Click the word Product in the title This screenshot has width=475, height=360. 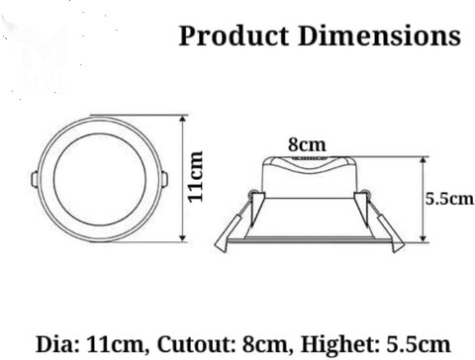(x=233, y=37)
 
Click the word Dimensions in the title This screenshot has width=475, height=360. (x=379, y=37)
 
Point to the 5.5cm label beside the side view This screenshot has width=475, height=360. (x=449, y=198)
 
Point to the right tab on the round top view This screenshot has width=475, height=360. (x=164, y=180)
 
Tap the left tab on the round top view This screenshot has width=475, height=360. (x=35, y=180)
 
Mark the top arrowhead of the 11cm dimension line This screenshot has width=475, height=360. (x=183, y=119)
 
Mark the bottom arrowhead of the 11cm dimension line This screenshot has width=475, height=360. (x=183, y=238)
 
